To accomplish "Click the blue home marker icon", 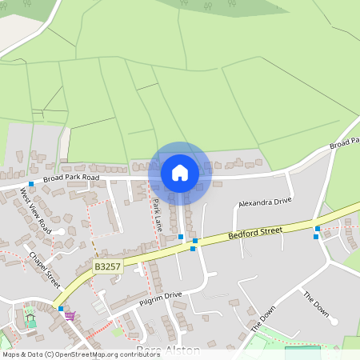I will pyautogui.click(x=180, y=172).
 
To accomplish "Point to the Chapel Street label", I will pyautogui.click(x=45, y=270).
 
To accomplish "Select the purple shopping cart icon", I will pyautogui.click(x=70, y=315).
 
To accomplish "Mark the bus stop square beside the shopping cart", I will pyautogui.click(x=61, y=308).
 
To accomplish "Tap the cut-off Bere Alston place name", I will pyautogui.click(x=167, y=350).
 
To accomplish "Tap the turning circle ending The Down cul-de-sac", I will pyautogui.click(x=334, y=321).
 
